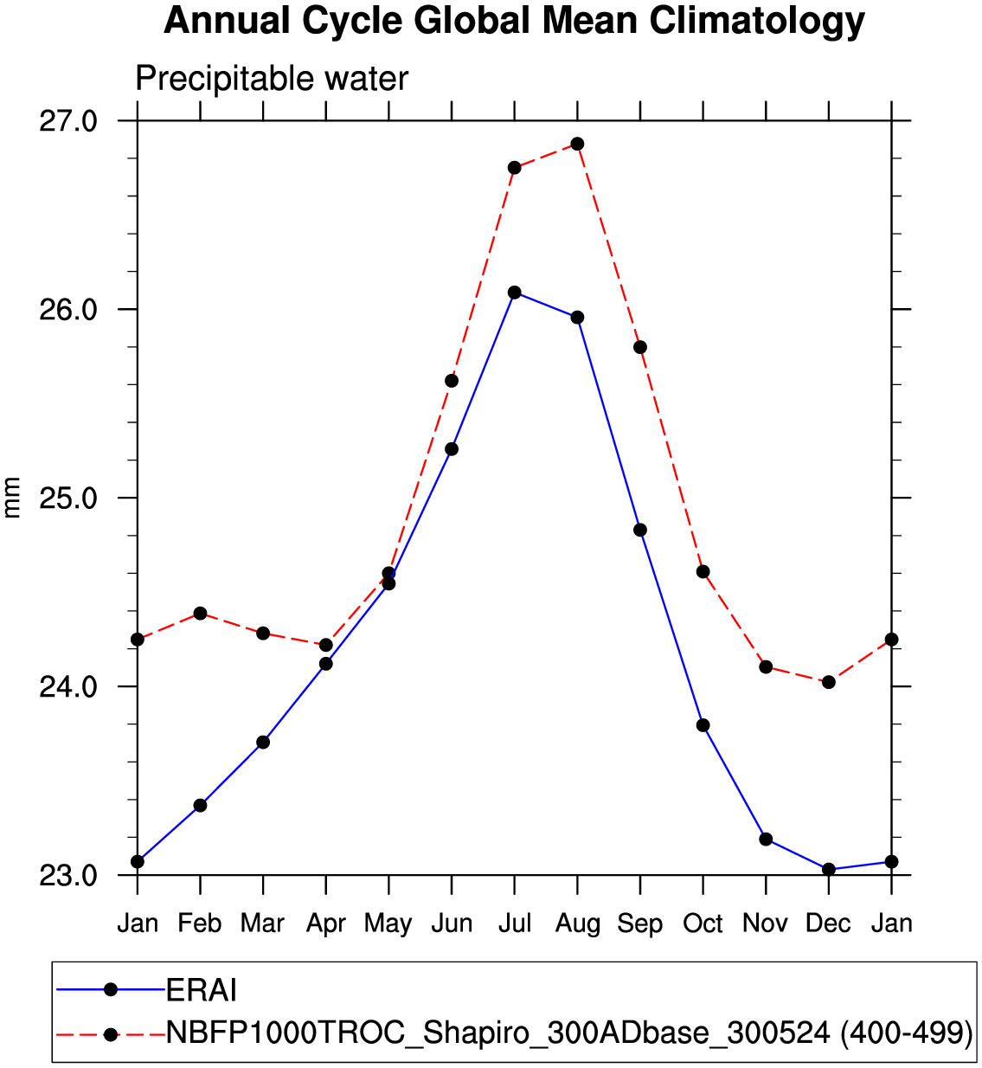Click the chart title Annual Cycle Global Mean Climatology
pos(514,21)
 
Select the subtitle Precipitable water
pos(272,79)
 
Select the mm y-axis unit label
pos(12,498)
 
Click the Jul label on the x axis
pos(514,923)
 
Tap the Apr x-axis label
pos(325,923)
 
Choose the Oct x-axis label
pos(703,923)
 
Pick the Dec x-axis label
pos(828,923)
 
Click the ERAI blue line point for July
pos(514,293)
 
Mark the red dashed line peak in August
pos(577,144)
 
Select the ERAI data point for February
pos(200,805)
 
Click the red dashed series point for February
pos(200,614)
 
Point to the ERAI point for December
pos(828,869)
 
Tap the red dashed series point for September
pos(640,347)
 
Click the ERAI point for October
pos(703,725)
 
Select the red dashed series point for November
pos(766,666)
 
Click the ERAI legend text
pos(202,989)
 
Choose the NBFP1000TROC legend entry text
pos(568,1033)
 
